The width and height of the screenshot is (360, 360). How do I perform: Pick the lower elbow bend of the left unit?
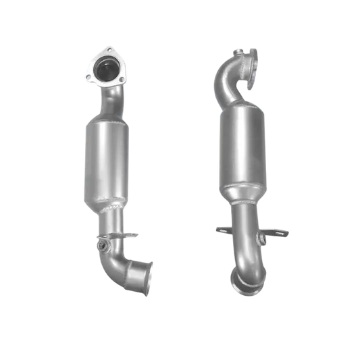pyautogui.click(x=118, y=265)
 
